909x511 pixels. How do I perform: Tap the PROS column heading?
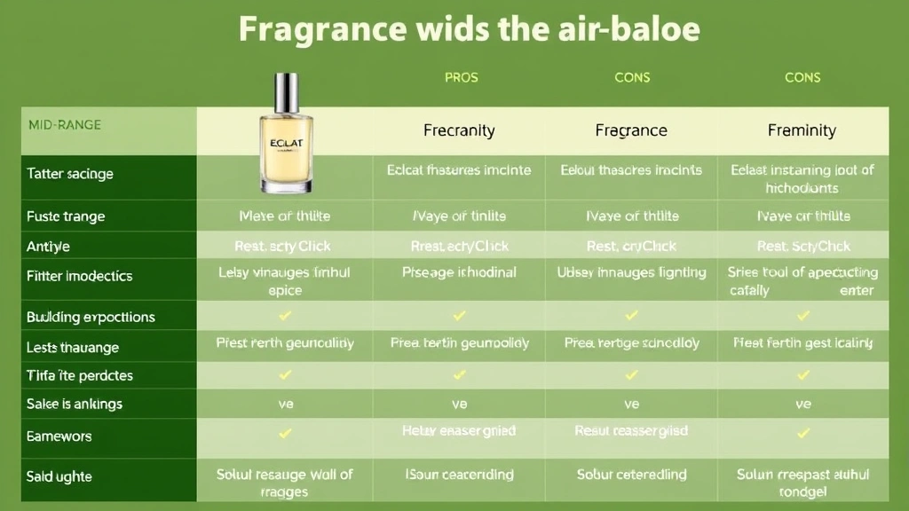[x=461, y=77]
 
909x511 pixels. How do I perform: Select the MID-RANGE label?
[x=65, y=125]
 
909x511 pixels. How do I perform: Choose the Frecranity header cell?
[x=459, y=130]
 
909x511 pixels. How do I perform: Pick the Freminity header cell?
[x=802, y=130]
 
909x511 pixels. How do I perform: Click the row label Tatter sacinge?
[x=70, y=174]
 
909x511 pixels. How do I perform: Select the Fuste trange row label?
[x=66, y=216]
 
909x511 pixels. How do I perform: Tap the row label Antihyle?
[x=49, y=246]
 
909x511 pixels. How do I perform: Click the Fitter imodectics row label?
[x=79, y=276]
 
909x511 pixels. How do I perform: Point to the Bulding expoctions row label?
[x=91, y=317]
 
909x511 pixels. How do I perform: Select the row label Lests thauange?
[x=73, y=347]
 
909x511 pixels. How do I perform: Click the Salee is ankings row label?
[x=75, y=404]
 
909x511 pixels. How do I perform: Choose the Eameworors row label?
[x=59, y=436]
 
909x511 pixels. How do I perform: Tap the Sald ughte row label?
[x=59, y=476]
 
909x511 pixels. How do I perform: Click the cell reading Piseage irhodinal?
[x=459, y=273]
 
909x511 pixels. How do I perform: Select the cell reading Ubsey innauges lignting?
[x=631, y=273]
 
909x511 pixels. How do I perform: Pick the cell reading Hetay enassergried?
[x=459, y=431]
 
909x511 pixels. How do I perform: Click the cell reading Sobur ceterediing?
[x=631, y=475]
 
